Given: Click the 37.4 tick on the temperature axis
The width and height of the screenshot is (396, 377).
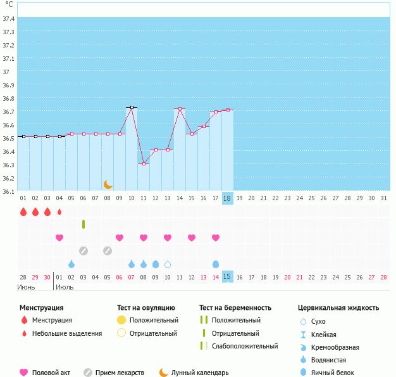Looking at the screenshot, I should pos(8,18).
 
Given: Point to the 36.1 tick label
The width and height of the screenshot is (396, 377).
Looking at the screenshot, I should pos(8,191).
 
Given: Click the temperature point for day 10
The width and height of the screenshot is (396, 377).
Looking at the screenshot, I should pos(132,108).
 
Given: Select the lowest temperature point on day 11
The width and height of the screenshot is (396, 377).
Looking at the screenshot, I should pos(144,164).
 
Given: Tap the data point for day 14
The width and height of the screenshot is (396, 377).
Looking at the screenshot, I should pos(180,109).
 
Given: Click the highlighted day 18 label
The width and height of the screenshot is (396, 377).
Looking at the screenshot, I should pos(228,198).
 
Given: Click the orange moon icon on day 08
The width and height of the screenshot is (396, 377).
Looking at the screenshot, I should pos(108,184).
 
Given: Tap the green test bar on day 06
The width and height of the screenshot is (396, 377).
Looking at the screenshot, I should pos(84,224).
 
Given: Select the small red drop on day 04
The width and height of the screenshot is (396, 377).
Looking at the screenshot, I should pos(59,212).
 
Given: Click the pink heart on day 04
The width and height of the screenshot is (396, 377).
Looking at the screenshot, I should pos(59,238).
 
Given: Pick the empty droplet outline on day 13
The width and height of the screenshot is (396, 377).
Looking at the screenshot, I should pos(168,264).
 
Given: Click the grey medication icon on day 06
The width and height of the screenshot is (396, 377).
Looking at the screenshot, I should pos(84,251).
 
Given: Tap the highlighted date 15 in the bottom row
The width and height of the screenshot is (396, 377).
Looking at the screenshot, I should pos(228,277).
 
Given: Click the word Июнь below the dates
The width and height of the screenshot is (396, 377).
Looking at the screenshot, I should pos(27,287).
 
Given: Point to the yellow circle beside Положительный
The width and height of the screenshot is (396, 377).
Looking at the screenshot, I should pos(121,320).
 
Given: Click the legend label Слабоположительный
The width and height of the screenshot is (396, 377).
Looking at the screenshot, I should pos(245,346).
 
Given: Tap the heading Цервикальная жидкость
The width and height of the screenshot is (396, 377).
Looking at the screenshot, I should pos(338,307).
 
